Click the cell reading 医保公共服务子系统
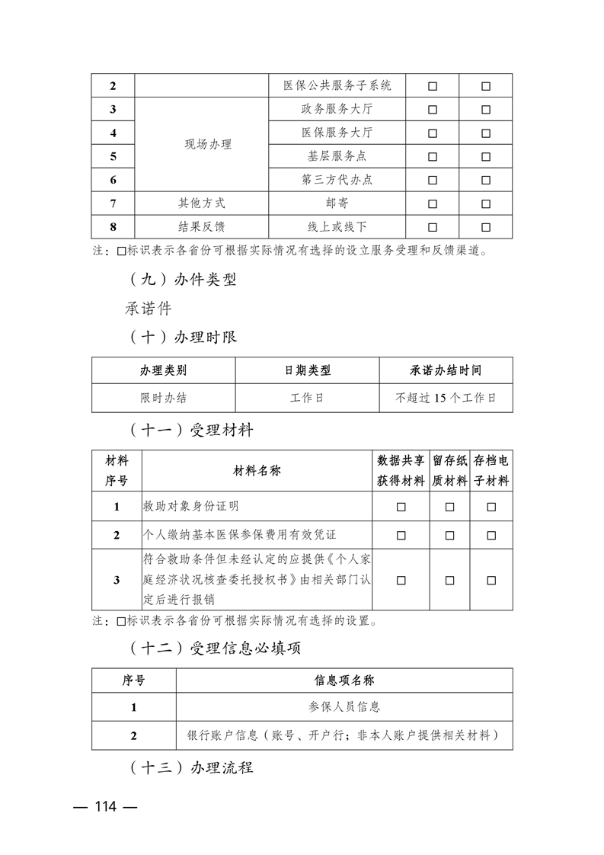337,85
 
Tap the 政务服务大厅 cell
337,109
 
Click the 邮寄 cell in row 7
337,203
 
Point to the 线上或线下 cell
337,227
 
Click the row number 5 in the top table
113,156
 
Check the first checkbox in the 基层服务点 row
433,157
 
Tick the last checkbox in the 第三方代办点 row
486,181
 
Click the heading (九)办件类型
181,280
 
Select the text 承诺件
149,309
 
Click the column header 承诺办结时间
446,370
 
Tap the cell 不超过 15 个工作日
446,398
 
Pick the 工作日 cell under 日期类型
307,398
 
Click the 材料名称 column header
257,471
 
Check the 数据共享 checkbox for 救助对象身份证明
401,507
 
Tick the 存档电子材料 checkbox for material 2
491,535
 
